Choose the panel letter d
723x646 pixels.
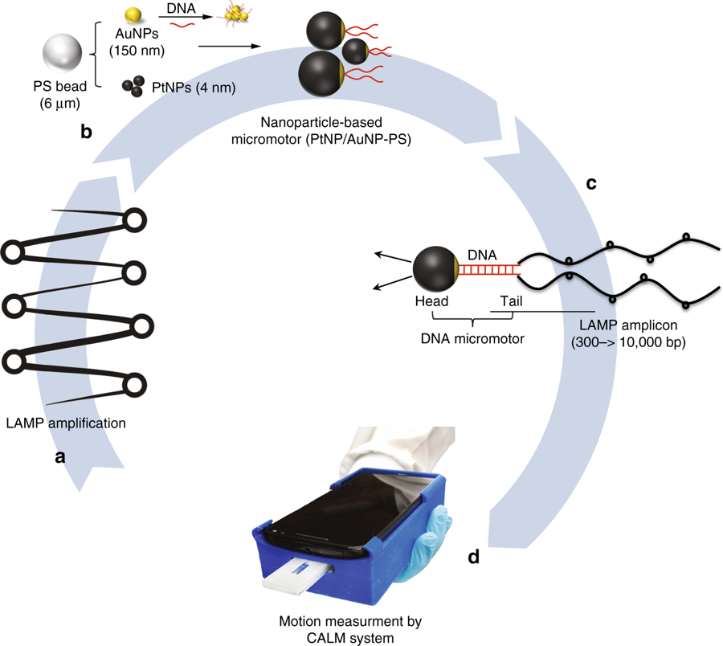pos(474,555)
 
